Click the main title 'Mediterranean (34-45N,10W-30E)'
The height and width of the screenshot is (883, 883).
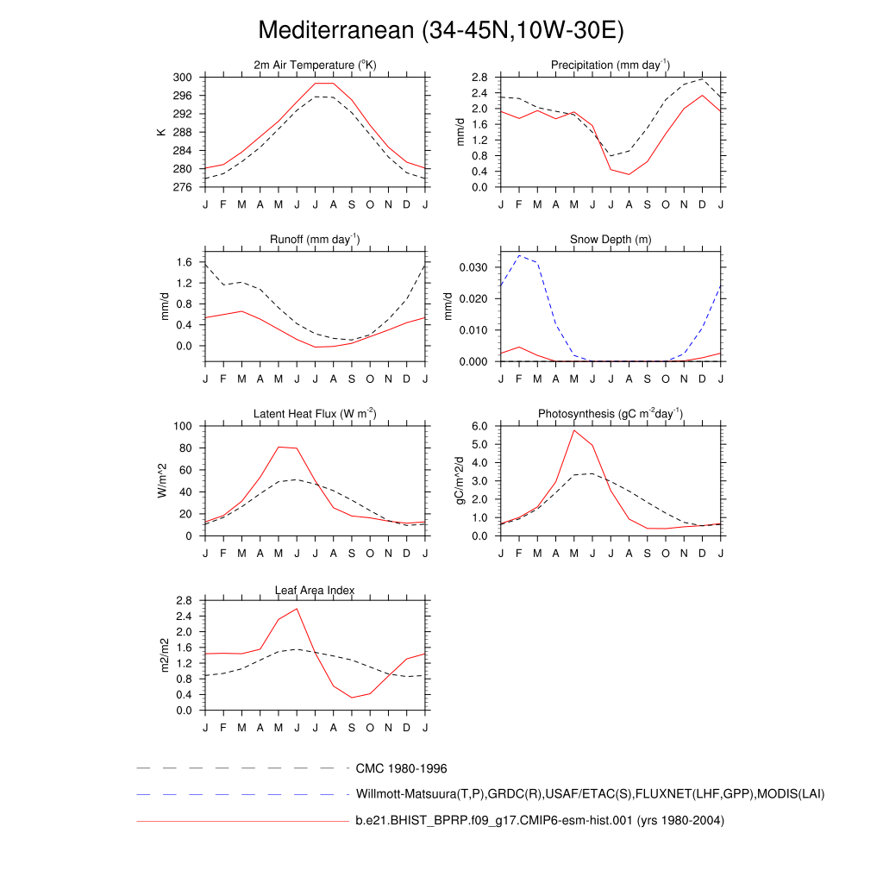coord(441,30)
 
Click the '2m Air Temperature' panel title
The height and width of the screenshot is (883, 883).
coord(315,65)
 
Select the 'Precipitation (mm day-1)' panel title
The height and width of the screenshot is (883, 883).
coord(611,65)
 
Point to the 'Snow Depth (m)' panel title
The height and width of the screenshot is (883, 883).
coord(611,239)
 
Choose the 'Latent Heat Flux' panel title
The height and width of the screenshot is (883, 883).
coord(315,414)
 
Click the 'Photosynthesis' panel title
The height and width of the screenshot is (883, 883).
coord(611,414)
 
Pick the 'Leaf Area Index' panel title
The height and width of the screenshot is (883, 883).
coord(315,590)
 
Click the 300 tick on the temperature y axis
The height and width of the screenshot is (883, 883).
coord(182,78)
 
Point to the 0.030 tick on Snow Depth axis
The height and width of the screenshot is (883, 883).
coord(473,267)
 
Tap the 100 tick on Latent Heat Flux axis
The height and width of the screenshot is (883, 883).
coord(182,426)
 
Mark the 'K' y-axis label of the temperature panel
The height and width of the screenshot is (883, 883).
coord(161,132)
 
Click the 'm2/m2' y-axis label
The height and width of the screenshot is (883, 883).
coord(161,655)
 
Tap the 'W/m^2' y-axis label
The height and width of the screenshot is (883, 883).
coord(161,480)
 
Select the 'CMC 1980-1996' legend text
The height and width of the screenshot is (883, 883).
coord(401,767)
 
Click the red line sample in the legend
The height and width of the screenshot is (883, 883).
coord(241,822)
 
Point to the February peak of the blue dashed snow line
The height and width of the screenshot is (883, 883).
coord(519,255)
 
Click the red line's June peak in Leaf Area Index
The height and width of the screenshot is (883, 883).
coord(297,609)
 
